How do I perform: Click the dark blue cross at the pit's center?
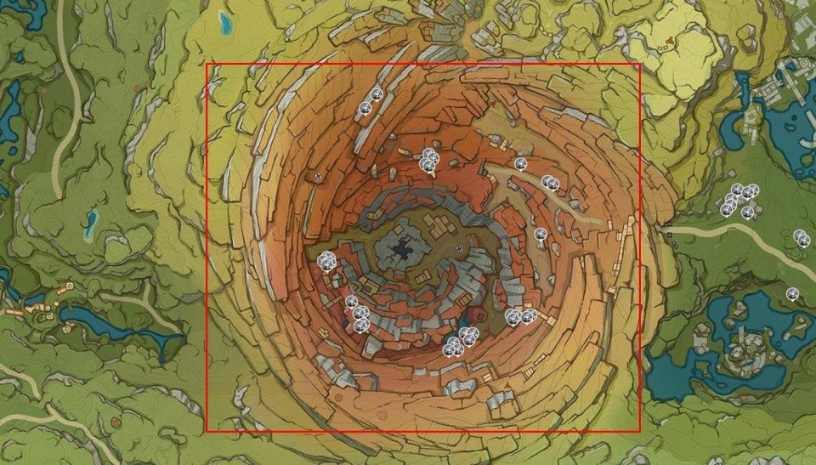point(403,249)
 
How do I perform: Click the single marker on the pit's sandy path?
point(521,163)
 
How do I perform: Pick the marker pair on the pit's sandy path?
point(550,182)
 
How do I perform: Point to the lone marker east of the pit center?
point(540,234)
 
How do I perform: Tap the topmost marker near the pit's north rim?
point(377,95)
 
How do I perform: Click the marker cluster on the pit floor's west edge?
point(327,262)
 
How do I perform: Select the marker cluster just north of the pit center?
point(429,159)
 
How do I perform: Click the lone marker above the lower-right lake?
point(792,294)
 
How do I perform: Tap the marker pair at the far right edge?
point(801,238)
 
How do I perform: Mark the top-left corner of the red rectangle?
point(207,64)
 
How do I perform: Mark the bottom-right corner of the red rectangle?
point(640,432)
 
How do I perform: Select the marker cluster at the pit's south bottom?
point(460,341)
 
